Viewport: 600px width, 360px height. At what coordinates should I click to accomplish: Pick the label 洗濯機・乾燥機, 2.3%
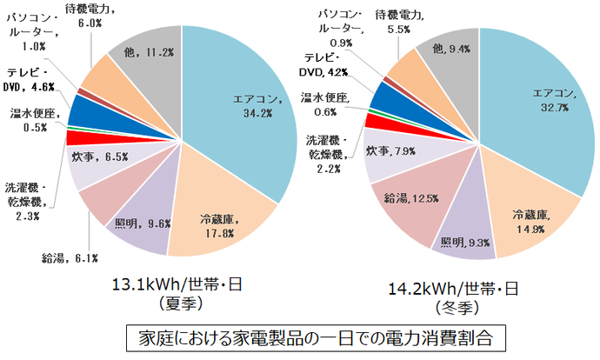tap(27, 198)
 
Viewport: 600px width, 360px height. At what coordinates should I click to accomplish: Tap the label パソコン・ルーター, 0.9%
tap(343, 29)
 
